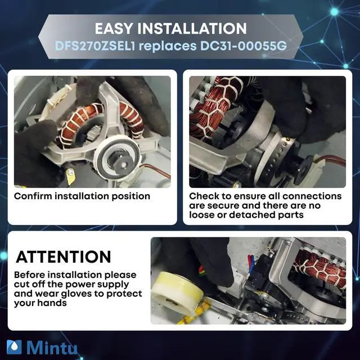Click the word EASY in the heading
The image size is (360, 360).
point(114,29)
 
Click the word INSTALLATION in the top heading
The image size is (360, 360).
point(192,29)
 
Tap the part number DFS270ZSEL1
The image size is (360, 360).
point(95,46)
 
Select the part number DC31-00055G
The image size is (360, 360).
point(244,46)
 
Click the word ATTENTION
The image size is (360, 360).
point(64,256)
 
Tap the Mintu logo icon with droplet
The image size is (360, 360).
point(14,347)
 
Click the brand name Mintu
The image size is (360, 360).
point(52,347)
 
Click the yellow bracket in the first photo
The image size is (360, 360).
point(70,176)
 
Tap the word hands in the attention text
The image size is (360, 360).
point(52,303)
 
